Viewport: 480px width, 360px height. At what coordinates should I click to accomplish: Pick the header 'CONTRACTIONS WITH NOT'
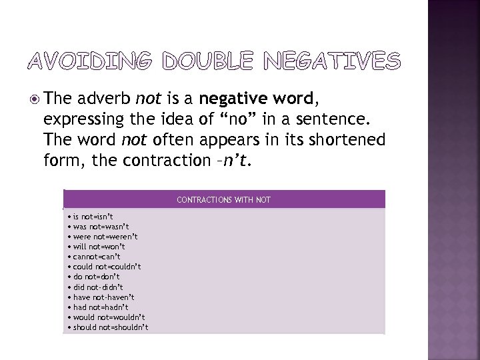tap(223, 199)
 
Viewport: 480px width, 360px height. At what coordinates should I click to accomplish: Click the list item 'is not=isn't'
tap(93, 217)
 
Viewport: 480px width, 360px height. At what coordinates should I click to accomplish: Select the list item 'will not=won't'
tap(99, 247)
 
